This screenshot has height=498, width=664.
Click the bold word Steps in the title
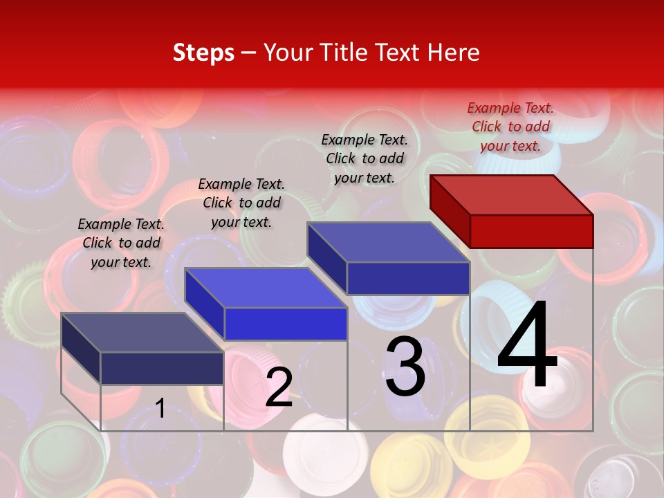click(203, 53)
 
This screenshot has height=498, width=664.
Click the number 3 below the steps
click(405, 366)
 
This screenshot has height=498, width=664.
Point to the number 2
click(279, 387)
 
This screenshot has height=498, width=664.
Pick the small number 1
click(160, 409)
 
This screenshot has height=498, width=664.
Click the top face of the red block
click(512, 194)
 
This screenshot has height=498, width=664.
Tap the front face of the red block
click(531, 231)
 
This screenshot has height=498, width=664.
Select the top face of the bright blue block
click(266, 287)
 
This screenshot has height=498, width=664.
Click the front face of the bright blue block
click(286, 324)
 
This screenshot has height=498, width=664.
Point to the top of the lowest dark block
click(142, 332)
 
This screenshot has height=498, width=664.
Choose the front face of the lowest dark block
click(162, 368)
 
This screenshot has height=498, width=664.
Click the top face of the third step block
click(389, 242)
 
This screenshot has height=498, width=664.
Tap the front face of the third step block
click(408, 278)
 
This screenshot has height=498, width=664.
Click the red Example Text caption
click(510, 127)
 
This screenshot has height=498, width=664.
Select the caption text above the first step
click(121, 243)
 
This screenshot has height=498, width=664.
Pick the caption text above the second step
click(241, 203)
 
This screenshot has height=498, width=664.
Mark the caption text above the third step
click(365, 158)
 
